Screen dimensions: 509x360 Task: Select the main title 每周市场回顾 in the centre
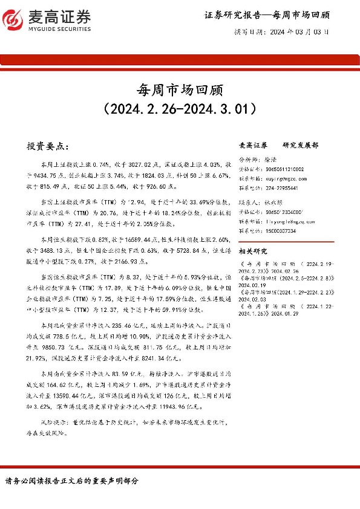click(180, 90)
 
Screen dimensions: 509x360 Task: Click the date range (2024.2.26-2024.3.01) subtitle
click(180, 109)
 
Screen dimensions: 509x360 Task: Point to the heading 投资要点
click(48, 146)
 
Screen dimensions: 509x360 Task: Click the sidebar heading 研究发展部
click(300, 146)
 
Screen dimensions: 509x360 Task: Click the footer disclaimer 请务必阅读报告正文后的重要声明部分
click(72, 481)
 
